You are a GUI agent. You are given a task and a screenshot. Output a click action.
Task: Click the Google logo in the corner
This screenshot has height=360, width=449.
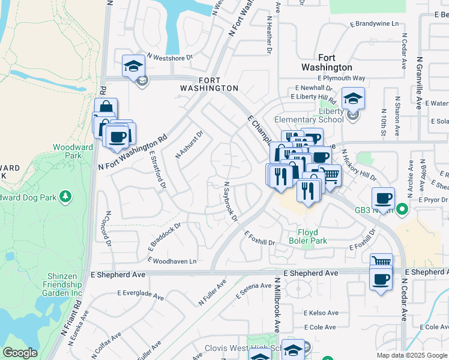click(20, 353)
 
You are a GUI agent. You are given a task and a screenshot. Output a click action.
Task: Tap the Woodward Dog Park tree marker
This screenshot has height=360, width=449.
click(65, 197)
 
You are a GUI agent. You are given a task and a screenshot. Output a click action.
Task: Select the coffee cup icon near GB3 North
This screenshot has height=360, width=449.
click(383, 198)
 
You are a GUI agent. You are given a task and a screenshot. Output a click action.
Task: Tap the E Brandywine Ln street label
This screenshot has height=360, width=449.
click(373, 23)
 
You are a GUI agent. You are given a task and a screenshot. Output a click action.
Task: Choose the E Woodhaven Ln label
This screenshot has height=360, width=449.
click(172, 261)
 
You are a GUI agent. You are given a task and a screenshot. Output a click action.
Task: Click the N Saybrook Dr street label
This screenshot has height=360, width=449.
click(231, 202)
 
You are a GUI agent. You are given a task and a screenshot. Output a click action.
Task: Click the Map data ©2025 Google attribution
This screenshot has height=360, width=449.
click(411, 355)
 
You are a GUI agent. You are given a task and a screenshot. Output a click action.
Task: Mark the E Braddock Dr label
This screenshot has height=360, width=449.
click(164, 238)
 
